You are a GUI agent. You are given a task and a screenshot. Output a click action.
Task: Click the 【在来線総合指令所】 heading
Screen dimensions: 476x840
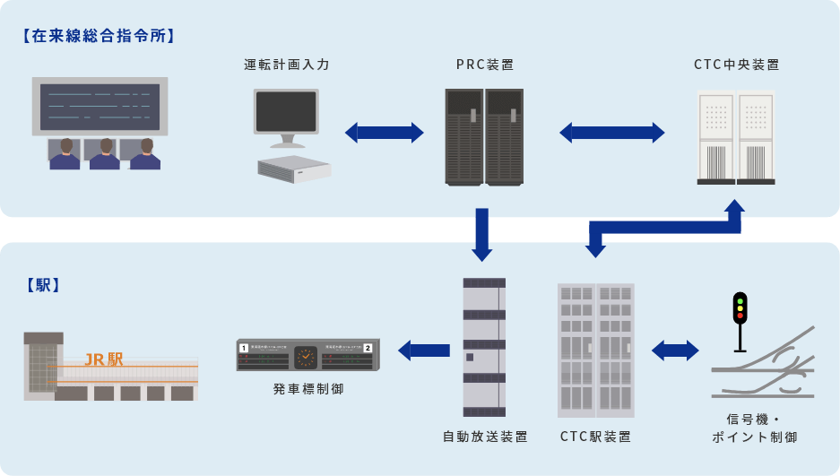point(97,37)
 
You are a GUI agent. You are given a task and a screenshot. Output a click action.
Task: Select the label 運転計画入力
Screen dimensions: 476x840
point(287,65)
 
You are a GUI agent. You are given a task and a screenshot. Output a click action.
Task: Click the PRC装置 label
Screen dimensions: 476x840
point(485,65)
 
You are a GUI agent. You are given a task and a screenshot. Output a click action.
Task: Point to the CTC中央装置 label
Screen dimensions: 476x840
point(737,65)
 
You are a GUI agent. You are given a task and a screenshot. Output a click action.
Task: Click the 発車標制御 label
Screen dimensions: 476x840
point(308,389)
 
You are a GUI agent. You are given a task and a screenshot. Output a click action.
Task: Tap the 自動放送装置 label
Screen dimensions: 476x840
point(485,437)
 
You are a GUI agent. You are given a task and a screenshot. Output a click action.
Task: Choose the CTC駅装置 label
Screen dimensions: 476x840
point(595,437)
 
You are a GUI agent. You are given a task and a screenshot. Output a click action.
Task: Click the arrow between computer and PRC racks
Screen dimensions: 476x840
point(384,133)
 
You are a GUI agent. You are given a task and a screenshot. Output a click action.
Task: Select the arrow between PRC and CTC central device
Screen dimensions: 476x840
point(612,133)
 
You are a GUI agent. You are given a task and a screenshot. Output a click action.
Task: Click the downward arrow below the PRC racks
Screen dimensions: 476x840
point(482,234)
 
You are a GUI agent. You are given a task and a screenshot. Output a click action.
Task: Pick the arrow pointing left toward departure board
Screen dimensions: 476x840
point(424,351)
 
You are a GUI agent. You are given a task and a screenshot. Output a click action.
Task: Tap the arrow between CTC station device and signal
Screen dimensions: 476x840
point(675,351)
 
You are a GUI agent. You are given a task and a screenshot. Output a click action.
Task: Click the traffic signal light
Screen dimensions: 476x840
point(740,307)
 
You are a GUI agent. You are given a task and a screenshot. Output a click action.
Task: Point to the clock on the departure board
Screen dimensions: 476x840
point(306,356)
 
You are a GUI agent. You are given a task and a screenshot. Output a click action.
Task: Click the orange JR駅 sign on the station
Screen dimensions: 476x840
point(104,359)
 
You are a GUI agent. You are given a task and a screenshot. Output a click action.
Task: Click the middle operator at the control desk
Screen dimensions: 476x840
point(105,153)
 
